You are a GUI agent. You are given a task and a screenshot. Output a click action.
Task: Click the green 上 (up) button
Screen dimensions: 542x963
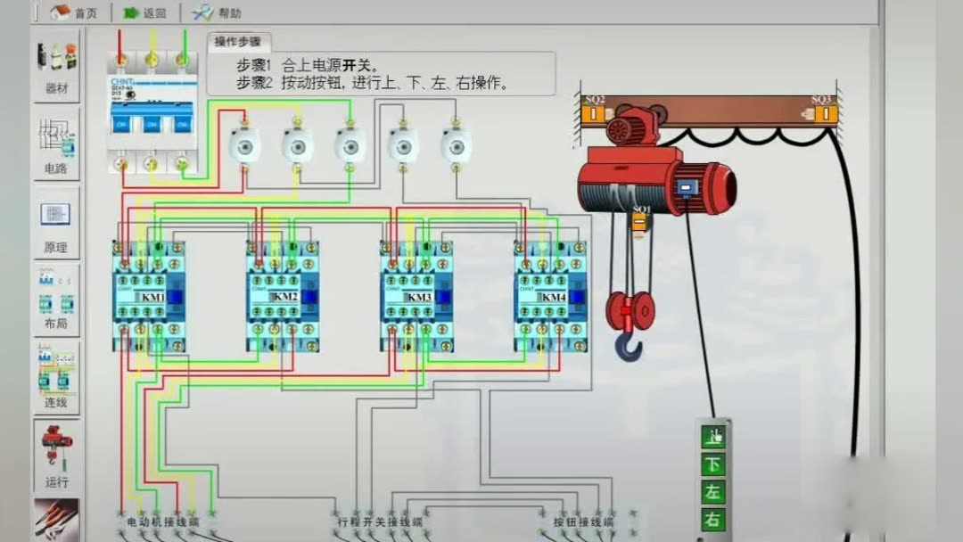click(713, 437)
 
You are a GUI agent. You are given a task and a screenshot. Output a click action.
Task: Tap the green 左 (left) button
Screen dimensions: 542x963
click(713, 492)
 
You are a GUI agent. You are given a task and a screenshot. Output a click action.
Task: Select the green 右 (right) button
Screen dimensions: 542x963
click(713, 520)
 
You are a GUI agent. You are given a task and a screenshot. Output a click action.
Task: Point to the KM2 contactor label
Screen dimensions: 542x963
click(284, 297)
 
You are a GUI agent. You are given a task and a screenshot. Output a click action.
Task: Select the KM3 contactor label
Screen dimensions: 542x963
click(419, 297)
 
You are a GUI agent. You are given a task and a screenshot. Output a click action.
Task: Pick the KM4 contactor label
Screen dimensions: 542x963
click(553, 297)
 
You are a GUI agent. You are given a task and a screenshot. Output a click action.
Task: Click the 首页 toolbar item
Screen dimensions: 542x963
click(75, 12)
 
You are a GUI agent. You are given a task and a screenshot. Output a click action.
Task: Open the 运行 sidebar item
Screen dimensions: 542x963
click(56, 455)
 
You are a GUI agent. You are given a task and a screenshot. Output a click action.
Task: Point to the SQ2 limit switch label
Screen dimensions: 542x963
click(594, 100)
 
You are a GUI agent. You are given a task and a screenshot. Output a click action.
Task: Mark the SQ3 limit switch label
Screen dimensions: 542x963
click(821, 100)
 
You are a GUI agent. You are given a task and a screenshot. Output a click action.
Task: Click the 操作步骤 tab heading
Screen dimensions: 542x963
click(237, 41)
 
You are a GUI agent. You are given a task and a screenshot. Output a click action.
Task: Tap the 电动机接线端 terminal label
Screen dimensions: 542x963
click(162, 521)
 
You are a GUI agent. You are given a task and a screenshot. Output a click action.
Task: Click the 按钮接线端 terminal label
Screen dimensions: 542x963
click(583, 521)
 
